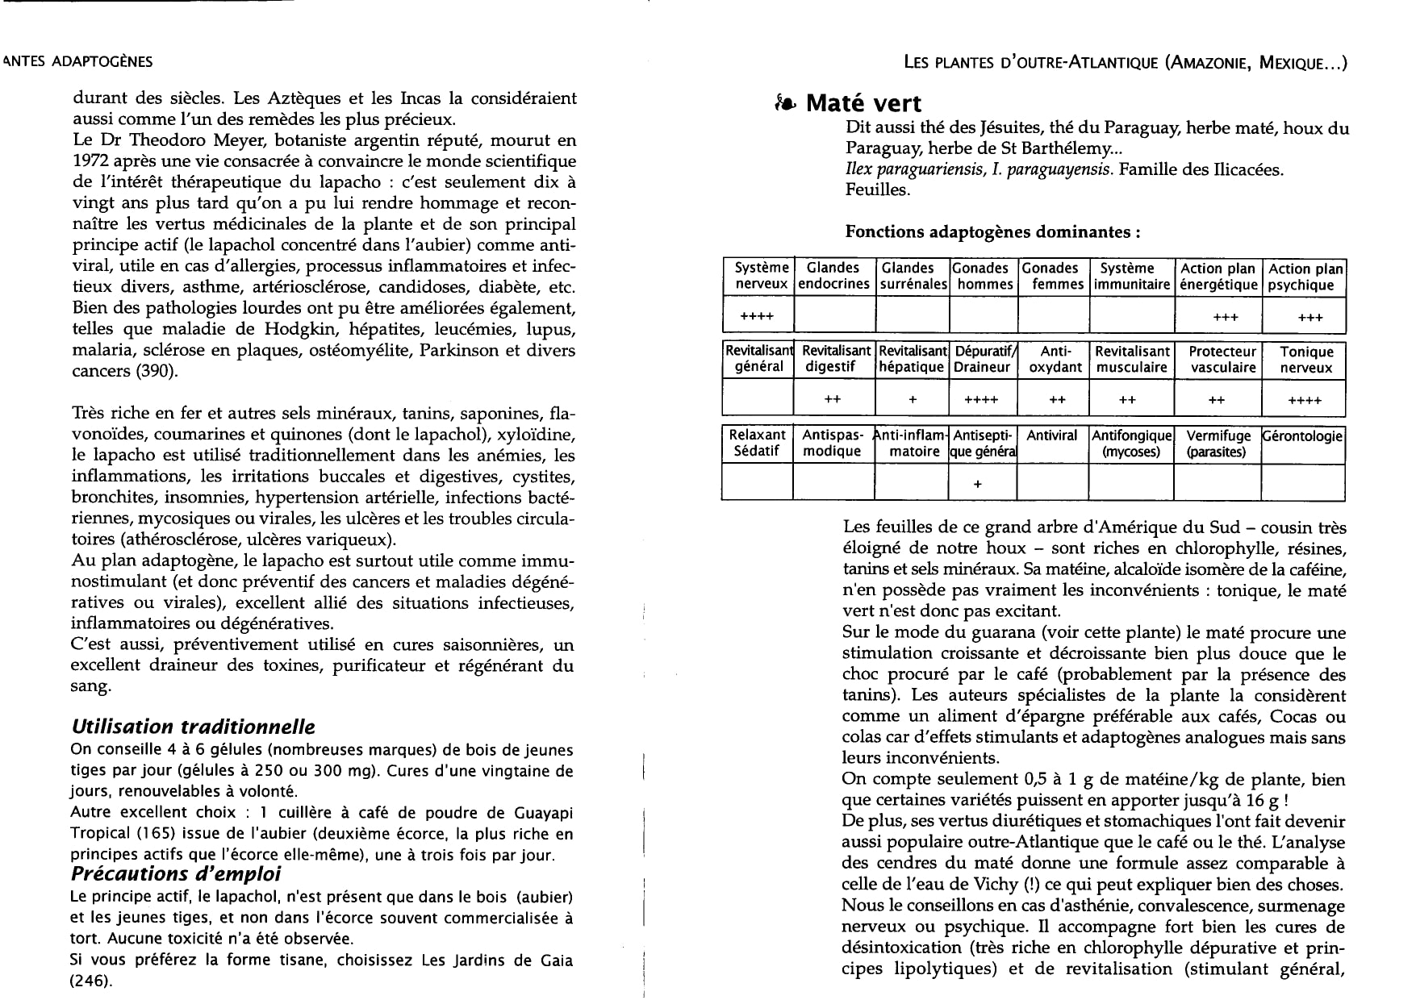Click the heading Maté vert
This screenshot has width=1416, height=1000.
click(x=863, y=103)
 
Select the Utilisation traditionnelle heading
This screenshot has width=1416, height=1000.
click(x=193, y=727)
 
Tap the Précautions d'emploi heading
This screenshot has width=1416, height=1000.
click(x=176, y=874)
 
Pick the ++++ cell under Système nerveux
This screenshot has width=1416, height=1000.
click(x=757, y=316)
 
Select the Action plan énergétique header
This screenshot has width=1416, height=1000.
click(x=1218, y=276)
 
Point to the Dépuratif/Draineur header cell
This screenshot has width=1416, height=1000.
click(x=984, y=360)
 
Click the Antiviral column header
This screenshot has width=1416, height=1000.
click(x=1051, y=435)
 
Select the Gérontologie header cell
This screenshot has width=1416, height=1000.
click(x=1303, y=436)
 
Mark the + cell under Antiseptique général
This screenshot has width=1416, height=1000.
click(x=978, y=484)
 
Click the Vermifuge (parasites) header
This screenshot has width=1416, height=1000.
click(x=1218, y=444)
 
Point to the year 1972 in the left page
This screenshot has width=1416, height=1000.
click(x=89, y=161)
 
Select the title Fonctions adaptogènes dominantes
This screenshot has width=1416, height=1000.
click(x=992, y=232)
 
